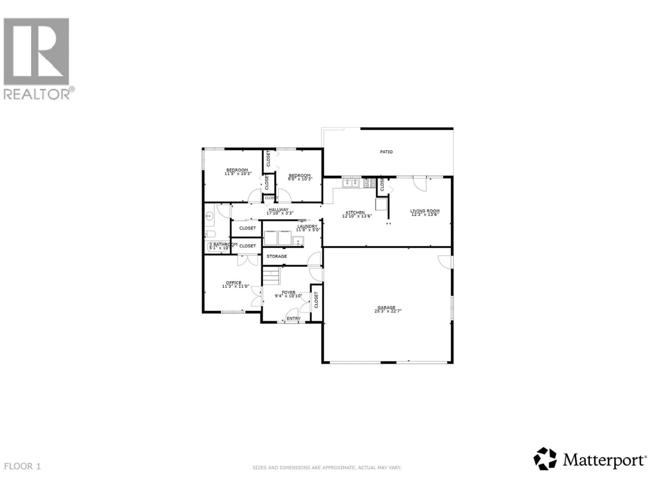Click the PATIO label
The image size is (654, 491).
[386, 152]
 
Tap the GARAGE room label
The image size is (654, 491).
[386, 308]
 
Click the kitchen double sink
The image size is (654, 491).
[351, 183]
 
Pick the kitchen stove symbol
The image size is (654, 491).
[369, 183]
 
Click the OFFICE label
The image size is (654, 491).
[233, 283]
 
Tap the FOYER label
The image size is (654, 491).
[288, 292]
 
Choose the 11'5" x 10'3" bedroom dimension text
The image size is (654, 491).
[238, 174]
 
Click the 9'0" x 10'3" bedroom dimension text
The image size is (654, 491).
[300, 179]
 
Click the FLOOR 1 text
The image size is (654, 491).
[22, 466]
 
